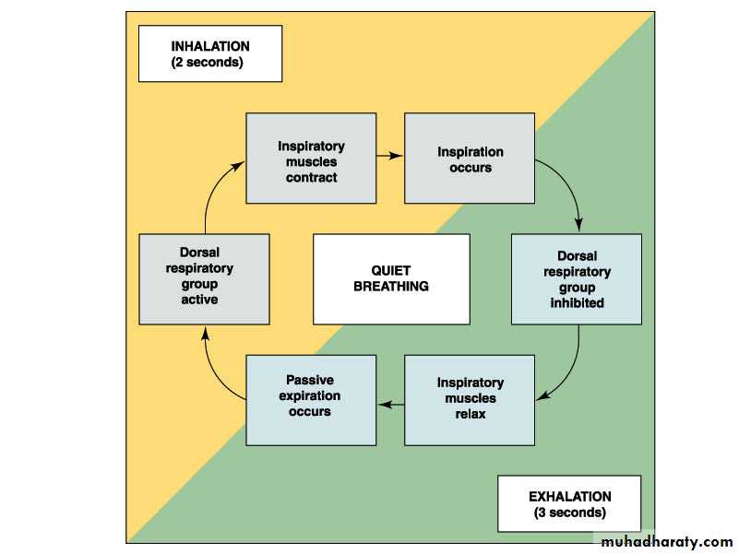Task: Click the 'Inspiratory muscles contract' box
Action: point(311,159)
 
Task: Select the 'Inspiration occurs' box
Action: point(470,159)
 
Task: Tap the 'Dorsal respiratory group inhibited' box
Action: point(576,278)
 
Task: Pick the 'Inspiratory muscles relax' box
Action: point(470,399)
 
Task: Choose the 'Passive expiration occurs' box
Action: point(311,399)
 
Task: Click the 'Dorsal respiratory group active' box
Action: point(204,278)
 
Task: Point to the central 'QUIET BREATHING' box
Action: point(391,278)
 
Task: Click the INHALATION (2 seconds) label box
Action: point(209,53)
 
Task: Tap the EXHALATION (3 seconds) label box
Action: point(568,503)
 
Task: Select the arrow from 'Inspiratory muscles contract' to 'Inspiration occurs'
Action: point(390,156)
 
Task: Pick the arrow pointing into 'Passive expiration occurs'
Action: point(390,403)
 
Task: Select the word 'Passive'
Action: point(310,381)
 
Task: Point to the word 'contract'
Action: point(311,178)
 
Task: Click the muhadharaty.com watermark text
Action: point(666,541)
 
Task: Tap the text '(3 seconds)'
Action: point(569,513)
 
